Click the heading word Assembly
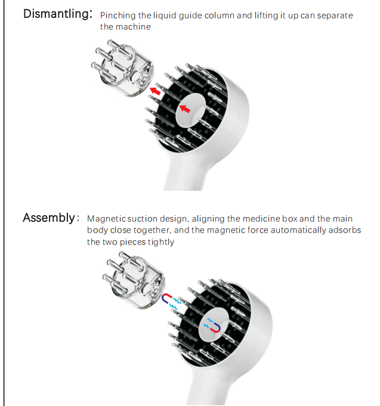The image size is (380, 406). click(x=49, y=218)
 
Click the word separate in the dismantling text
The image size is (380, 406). click(x=335, y=16)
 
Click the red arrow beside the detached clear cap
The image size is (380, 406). click(x=155, y=91)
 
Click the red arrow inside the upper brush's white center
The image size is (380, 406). click(x=185, y=109)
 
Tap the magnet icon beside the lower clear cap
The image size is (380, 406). click(x=166, y=298)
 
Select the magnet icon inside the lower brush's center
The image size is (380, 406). click(x=215, y=328)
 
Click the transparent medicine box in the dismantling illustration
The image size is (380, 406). click(x=122, y=69)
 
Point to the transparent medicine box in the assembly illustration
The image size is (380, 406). click(x=134, y=280)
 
